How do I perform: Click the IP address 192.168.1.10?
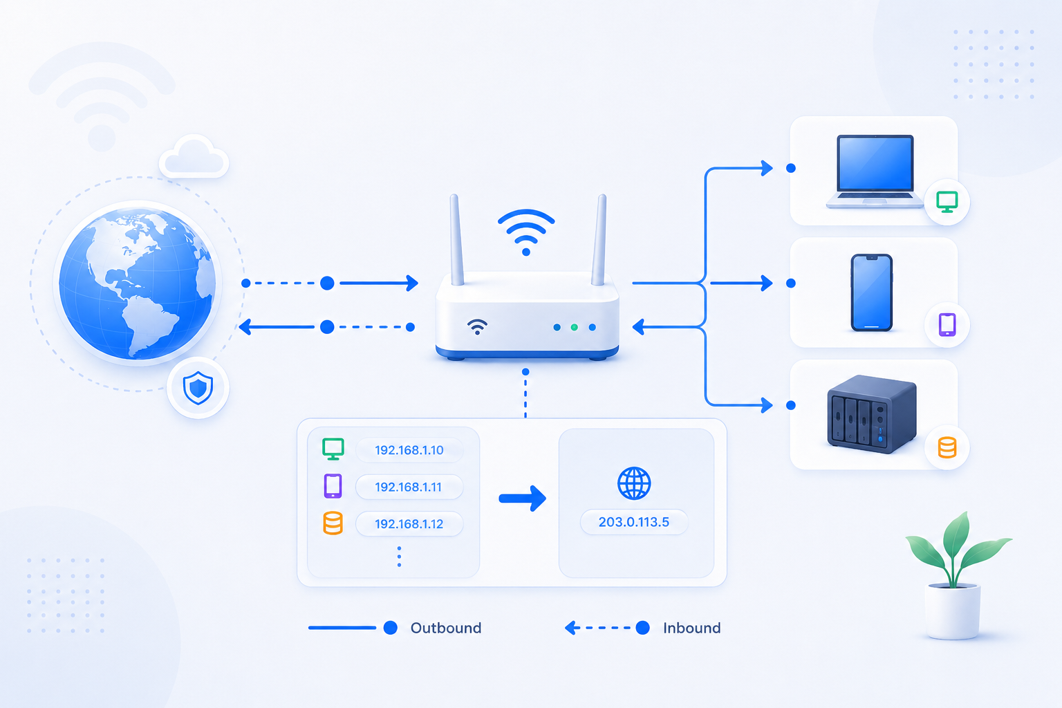pos(409,450)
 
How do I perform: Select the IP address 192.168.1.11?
pos(408,487)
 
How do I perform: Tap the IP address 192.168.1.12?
pos(409,524)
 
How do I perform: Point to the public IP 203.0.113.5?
pos(634,522)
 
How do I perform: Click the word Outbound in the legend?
pos(446,628)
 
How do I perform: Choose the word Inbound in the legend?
pos(691,628)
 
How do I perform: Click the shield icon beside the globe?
pos(198,388)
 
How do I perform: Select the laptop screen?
pos(875,163)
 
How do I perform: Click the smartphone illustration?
pos(871,292)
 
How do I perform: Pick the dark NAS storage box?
pos(871,413)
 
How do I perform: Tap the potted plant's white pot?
pos(952,612)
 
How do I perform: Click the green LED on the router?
pos(574,327)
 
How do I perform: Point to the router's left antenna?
pos(456,240)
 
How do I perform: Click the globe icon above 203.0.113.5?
pos(634,483)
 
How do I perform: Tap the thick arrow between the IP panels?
pos(523,499)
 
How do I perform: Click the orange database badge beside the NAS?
pos(947,447)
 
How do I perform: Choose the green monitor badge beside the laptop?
pos(947,202)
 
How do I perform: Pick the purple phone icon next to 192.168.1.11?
pos(333,486)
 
